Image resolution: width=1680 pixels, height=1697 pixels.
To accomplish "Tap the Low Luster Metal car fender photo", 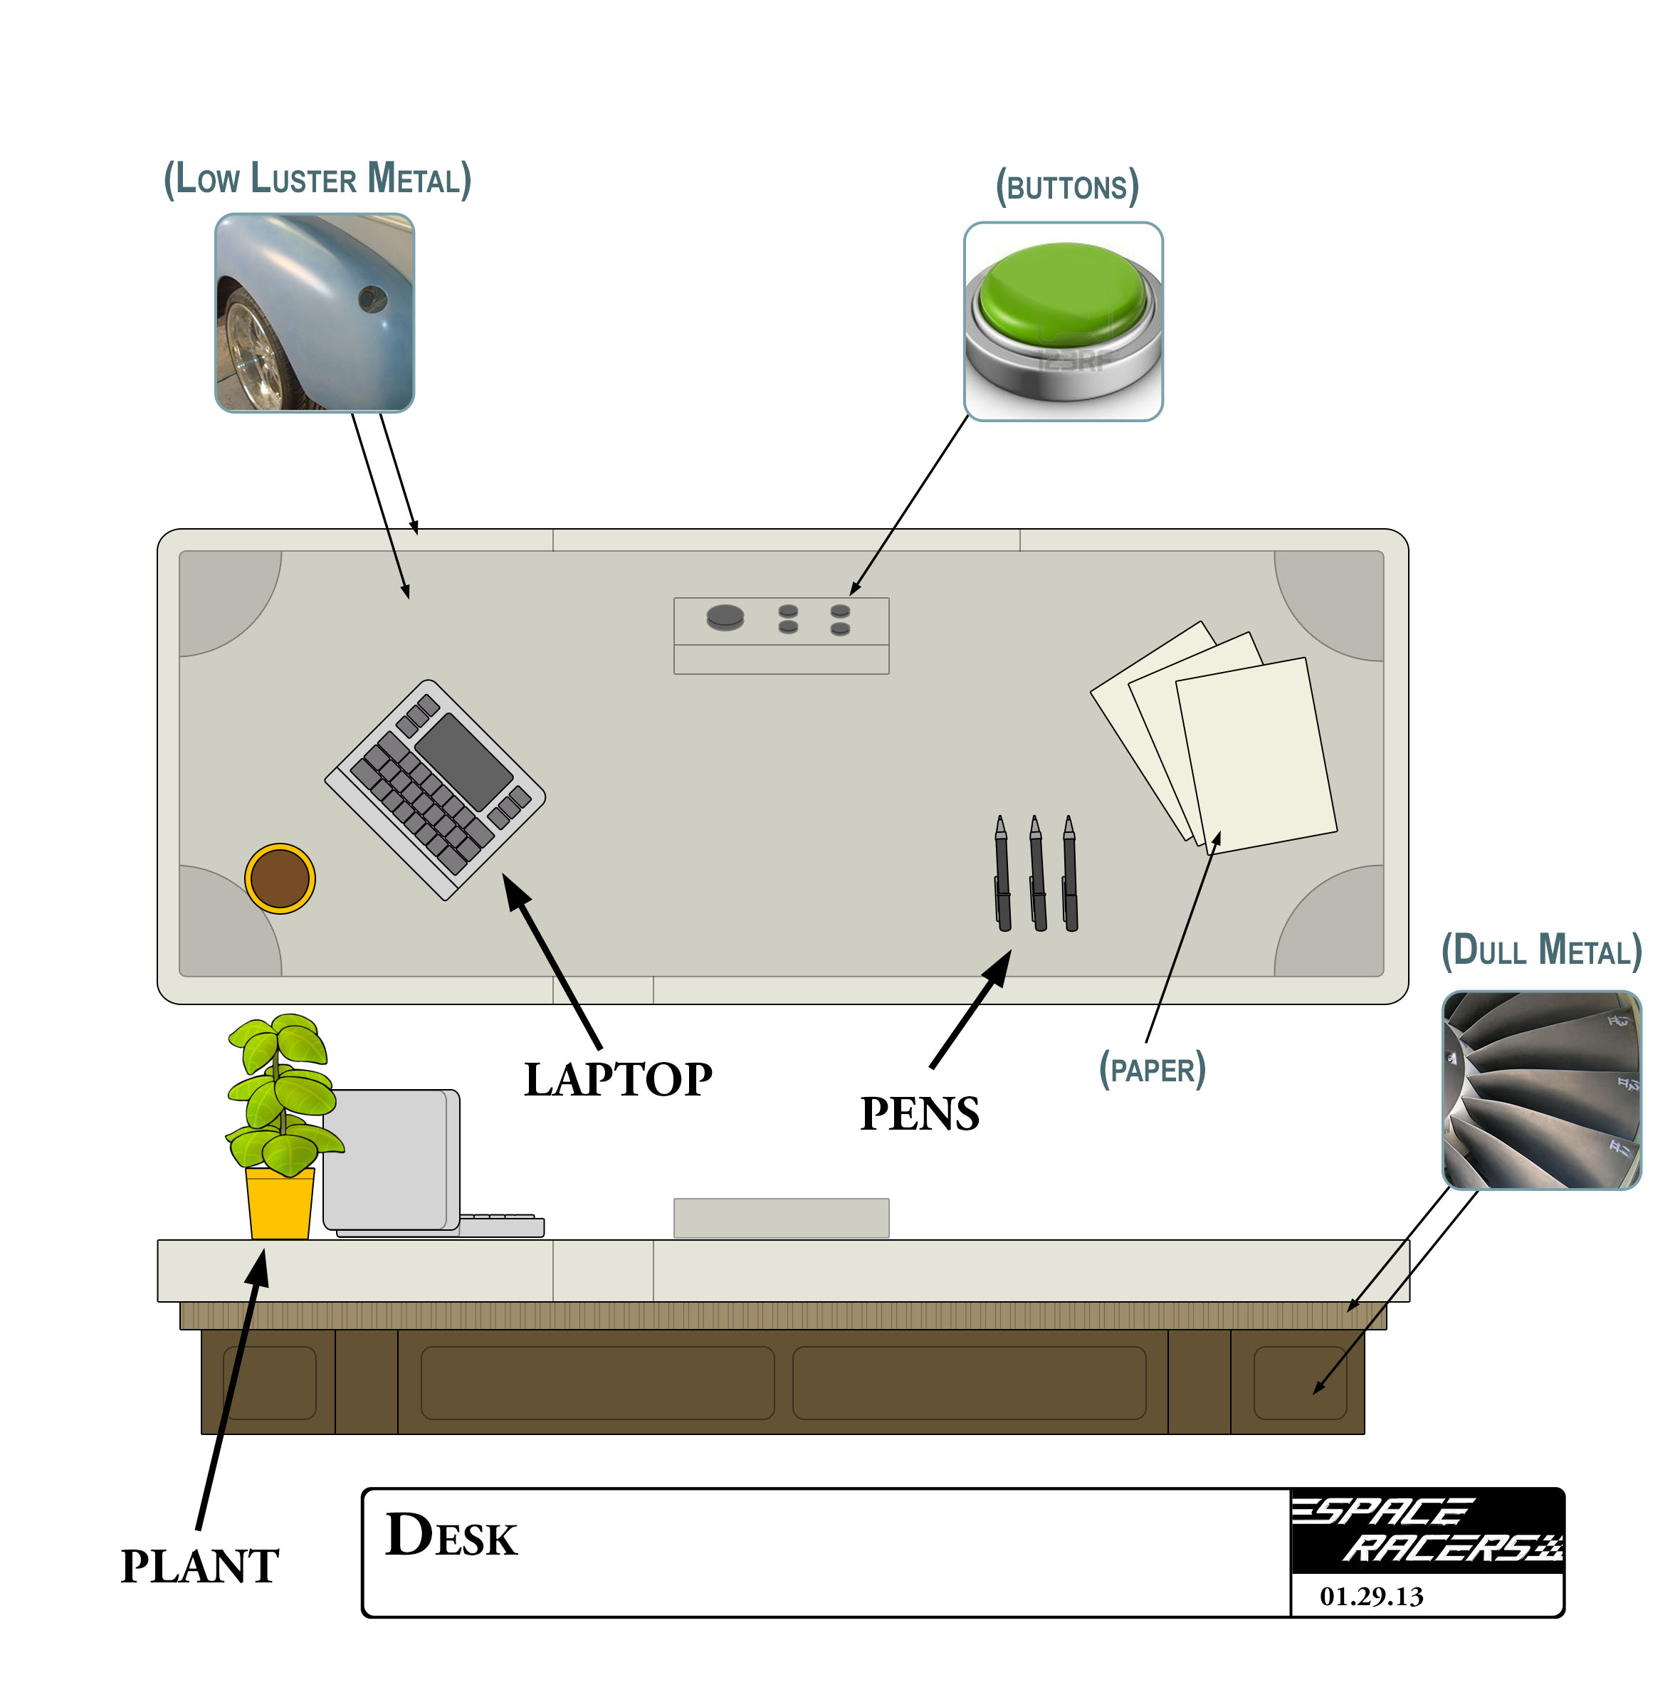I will [x=315, y=312].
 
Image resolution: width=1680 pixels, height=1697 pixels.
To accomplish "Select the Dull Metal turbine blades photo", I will [x=1541, y=1090].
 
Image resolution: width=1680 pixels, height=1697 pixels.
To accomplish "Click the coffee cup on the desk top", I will [x=279, y=878].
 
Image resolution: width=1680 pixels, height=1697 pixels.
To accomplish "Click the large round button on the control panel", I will [x=725, y=617].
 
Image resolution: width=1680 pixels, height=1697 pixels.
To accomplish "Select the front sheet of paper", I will [x=1256, y=755].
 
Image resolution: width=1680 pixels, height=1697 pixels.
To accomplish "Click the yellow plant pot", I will [x=279, y=1204].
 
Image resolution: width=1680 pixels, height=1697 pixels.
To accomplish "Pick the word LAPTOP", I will [x=618, y=1080].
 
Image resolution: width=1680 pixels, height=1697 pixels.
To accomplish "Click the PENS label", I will [x=920, y=1114].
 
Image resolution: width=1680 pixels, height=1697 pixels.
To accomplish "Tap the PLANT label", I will [x=200, y=1566].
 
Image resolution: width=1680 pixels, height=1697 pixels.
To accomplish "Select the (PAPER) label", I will [x=1153, y=1070].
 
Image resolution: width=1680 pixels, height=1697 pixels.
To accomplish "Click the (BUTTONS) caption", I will [x=1067, y=187].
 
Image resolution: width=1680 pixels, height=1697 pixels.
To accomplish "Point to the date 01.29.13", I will [x=1371, y=1596].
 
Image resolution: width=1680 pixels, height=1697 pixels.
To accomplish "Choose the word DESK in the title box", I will [x=451, y=1536].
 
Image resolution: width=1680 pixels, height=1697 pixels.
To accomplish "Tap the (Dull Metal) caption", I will [x=1541, y=951].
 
